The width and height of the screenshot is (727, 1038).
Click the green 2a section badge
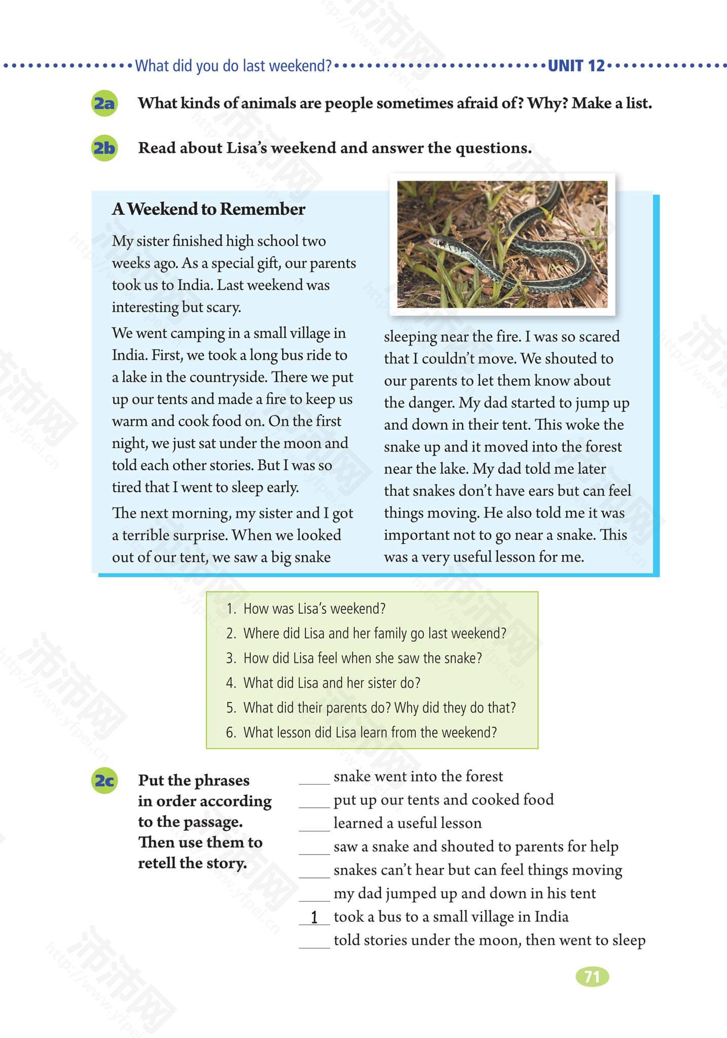pyautogui.click(x=104, y=103)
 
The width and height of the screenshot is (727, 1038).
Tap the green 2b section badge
pyautogui.click(x=104, y=148)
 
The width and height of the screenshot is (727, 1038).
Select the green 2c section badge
pyautogui.click(x=104, y=781)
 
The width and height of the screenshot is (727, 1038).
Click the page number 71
pyautogui.click(x=592, y=977)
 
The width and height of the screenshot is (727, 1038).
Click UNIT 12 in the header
pyautogui.click(x=576, y=66)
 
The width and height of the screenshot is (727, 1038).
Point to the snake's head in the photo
pyautogui.click(x=440, y=243)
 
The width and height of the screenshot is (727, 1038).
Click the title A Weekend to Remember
pyautogui.click(x=208, y=209)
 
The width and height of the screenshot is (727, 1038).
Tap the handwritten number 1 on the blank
pyautogui.click(x=314, y=917)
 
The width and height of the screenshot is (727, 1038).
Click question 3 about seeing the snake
pyautogui.click(x=362, y=658)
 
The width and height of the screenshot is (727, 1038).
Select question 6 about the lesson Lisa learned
pyautogui.click(x=370, y=732)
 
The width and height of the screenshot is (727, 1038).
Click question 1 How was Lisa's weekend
pyautogui.click(x=314, y=608)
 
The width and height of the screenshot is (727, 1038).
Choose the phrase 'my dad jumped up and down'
pyautogui.click(x=464, y=893)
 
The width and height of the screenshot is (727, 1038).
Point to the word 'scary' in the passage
pyautogui.click(x=223, y=307)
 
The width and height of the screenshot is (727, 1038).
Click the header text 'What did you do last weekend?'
pyautogui.click(x=233, y=66)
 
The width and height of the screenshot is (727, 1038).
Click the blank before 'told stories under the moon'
pyautogui.click(x=314, y=941)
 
